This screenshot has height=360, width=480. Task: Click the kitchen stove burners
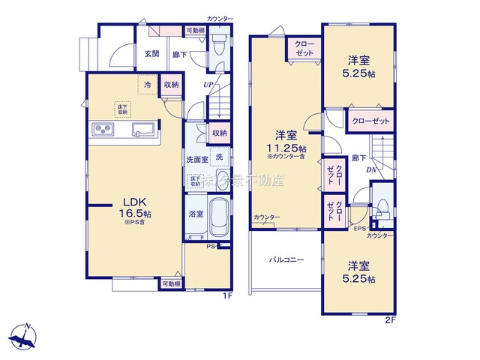(x=103, y=130)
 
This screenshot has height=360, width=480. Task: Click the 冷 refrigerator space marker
(x=148, y=85)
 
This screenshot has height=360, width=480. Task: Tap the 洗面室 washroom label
(x=196, y=159)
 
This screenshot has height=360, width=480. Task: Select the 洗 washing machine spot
(x=220, y=157)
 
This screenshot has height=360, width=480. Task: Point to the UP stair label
(x=208, y=84)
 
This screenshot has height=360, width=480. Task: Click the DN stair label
(x=371, y=170)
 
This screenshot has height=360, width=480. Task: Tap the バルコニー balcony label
(x=286, y=260)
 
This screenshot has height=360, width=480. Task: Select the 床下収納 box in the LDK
(x=121, y=109)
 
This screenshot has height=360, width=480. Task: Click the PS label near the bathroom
(x=211, y=245)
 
